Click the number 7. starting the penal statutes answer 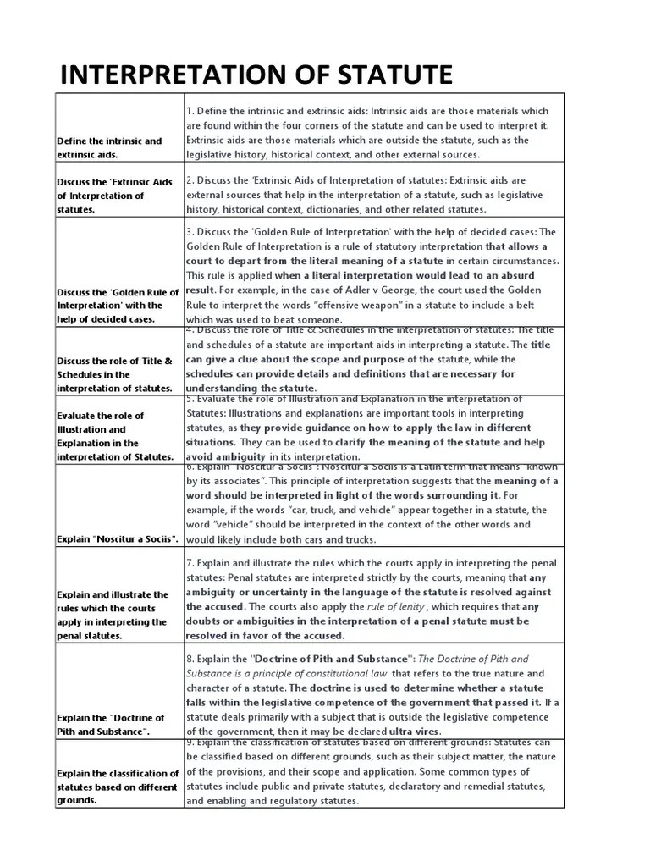(190, 562)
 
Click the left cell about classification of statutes (118, 787)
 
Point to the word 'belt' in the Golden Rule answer (533, 304)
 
